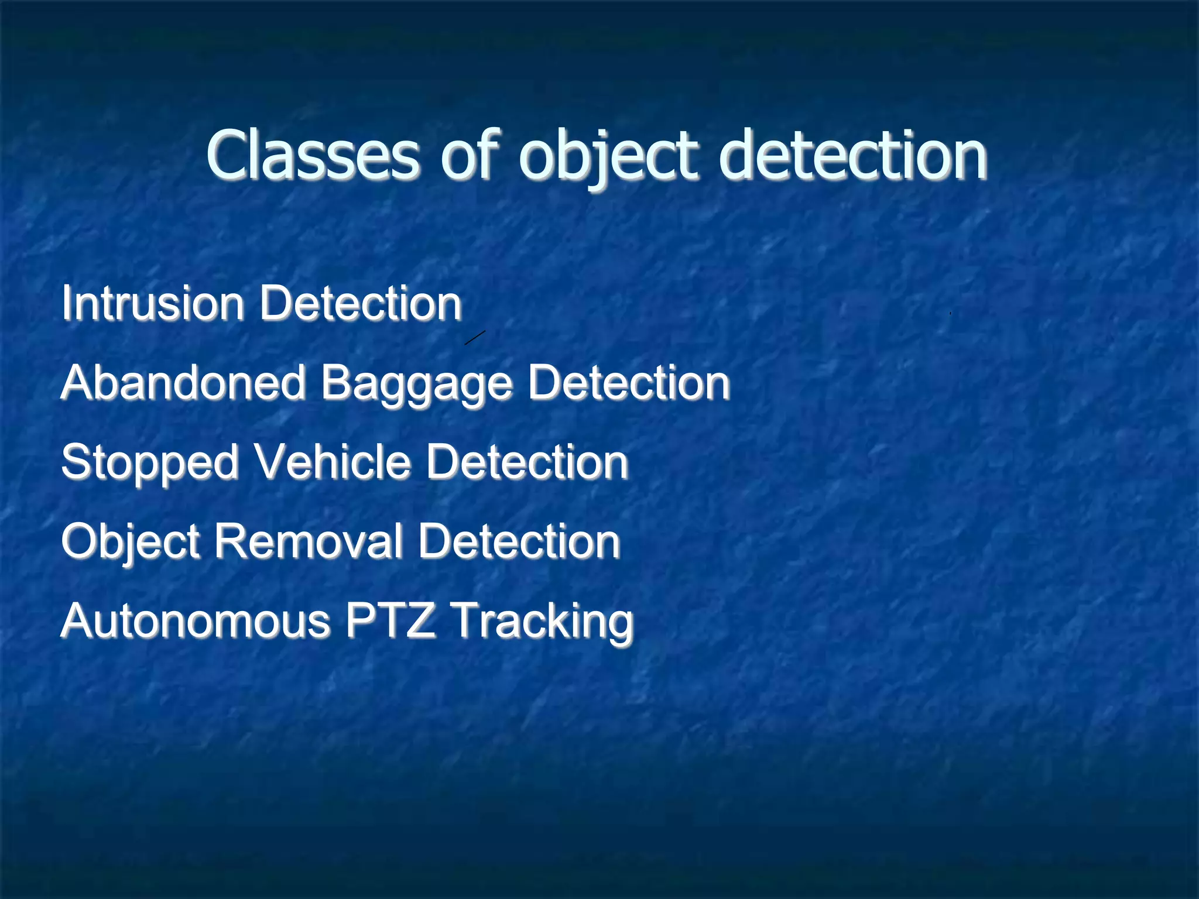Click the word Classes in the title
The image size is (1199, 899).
[313, 155]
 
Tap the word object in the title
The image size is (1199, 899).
[609, 157]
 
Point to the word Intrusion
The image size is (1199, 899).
[153, 303]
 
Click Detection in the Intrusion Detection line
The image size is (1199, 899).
[361, 303]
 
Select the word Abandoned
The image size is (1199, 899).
[183, 383]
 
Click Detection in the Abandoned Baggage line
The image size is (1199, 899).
[629, 383]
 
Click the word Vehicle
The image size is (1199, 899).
[333, 462]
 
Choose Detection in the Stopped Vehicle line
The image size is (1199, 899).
[527, 462]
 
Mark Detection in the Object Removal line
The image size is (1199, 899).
[519, 541]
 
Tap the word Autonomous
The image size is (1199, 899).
[196, 621]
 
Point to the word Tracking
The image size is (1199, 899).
[543, 622]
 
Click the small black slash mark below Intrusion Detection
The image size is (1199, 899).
[475, 338]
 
